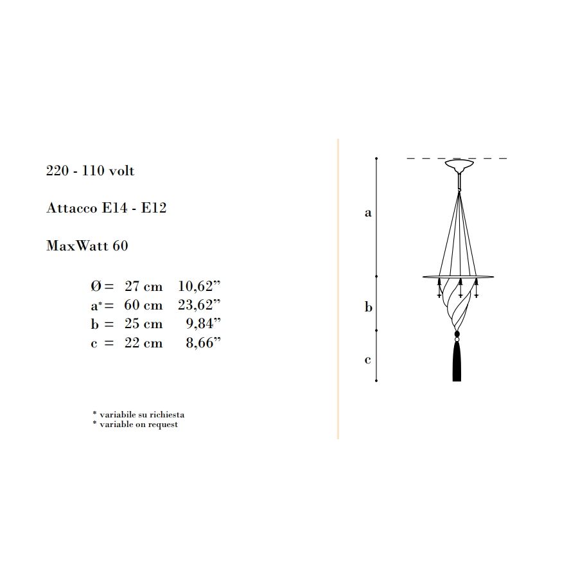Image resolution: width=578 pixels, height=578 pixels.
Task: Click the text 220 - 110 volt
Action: point(91,171)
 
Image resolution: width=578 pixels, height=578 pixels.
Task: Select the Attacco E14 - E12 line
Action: point(106,208)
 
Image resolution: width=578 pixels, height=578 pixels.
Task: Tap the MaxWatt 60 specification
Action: point(87,245)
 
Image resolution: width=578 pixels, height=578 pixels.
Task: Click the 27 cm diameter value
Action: point(143,286)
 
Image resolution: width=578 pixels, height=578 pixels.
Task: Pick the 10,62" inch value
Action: point(199,286)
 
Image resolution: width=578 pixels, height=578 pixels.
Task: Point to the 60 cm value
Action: point(143,305)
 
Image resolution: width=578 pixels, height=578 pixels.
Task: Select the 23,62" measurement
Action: point(199,305)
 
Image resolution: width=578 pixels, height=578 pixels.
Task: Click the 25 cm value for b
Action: point(143,324)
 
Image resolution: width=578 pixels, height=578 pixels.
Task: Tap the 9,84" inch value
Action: point(203,324)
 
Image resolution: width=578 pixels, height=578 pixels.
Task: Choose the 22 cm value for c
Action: point(143,343)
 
